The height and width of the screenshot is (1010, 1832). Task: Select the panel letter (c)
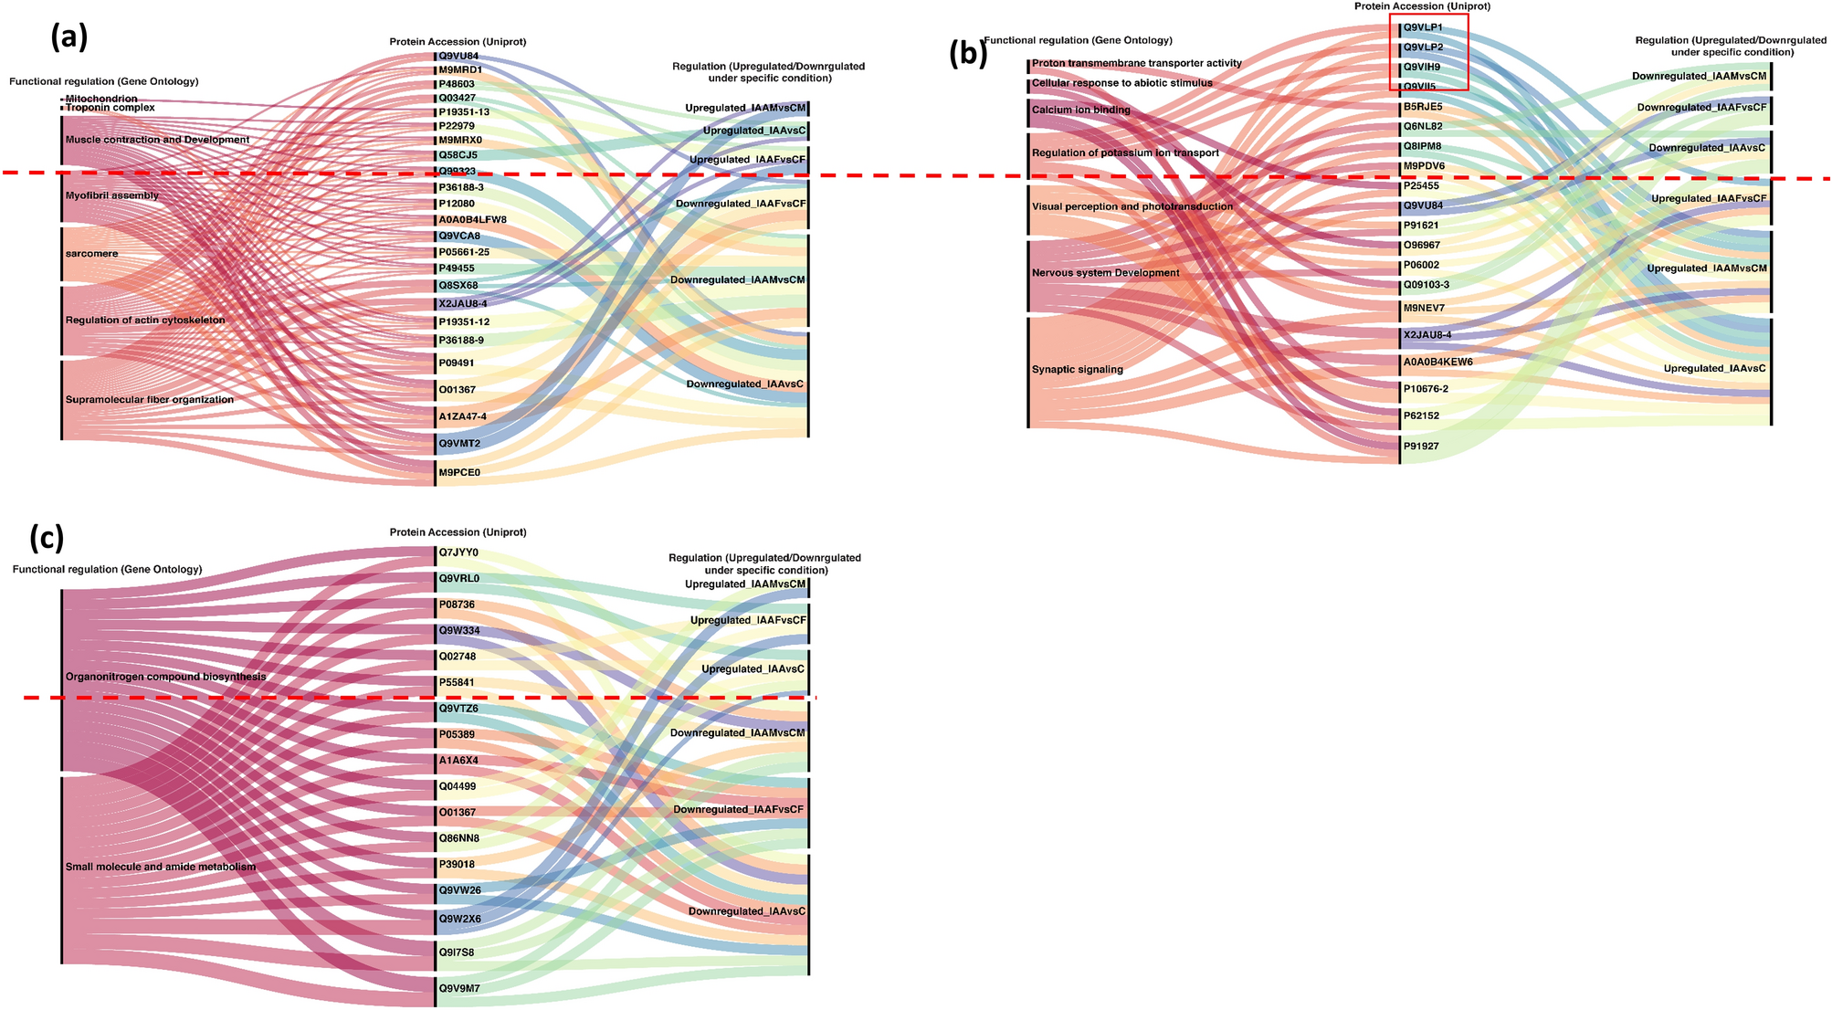pyautogui.click(x=46, y=538)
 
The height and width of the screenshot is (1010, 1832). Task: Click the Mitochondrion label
pyautogui.click(x=100, y=99)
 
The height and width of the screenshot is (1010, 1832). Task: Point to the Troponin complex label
pyautogui.click(x=110, y=108)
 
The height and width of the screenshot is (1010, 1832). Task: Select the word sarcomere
pyautogui.click(x=91, y=254)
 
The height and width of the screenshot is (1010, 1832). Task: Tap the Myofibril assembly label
pyautogui.click(x=111, y=195)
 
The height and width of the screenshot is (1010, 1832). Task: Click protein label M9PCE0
pyautogui.click(x=459, y=473)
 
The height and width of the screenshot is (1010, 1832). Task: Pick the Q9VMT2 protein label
pyautogui.click(x=459, y=444)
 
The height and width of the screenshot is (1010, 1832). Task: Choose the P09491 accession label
pyautogui.click(x=457, y=363)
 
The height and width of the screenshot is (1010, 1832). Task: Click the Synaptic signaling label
pyautogui.click(x=1077, y=370)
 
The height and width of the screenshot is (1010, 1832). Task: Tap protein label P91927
pyautogui.click(x=1421, y=447)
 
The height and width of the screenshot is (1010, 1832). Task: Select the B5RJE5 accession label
pyautogui.click(x=1423, y=107)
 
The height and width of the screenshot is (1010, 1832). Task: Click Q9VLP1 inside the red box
pyautogui.click(x=1423, y=27)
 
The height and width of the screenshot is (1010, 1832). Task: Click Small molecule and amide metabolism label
pyautogui.click(x=160, y=867)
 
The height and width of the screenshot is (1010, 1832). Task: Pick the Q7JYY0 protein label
pyautogui.click(x=458, y=552)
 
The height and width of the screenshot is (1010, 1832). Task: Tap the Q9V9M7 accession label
pyautogui.click(x=459, y=988)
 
